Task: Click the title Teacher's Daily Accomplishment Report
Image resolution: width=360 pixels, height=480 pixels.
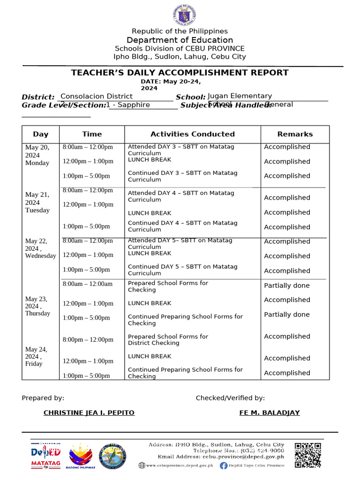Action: coord(180,73)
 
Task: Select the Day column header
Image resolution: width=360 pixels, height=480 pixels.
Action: coord(41,134)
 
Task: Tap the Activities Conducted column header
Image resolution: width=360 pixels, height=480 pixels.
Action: coord(192,134)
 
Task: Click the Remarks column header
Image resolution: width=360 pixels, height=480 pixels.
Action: coord(295,134)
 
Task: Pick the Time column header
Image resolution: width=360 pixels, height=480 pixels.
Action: coord(92,134)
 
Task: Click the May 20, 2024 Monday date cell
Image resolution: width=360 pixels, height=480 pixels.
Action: coord(37,155)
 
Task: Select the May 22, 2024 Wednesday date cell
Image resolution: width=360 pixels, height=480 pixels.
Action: coord(40,248)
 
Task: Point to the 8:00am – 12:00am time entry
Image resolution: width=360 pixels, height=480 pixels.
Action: coord(88,284)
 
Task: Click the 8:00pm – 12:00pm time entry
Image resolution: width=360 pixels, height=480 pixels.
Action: coord(88,339)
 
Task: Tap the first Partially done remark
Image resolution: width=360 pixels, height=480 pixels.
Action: coord(287,285)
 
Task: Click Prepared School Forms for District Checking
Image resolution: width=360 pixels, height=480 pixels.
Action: coord(168,339)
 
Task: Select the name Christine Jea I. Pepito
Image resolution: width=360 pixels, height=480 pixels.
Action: coord(89,413)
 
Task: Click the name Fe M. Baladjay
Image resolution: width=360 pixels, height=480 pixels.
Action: coord(270,413)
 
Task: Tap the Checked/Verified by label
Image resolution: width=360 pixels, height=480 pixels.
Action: coord(230,398)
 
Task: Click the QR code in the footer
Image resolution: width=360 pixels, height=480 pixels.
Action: coord(308,455)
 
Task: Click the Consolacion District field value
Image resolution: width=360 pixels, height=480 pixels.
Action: coord(97,96)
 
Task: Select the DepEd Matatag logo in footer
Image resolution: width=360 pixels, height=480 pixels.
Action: coord(46,456)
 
